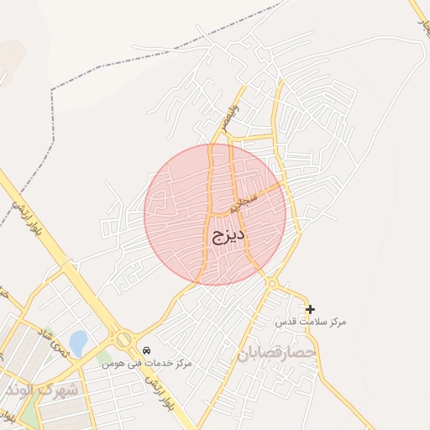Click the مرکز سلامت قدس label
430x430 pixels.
click(311, 322)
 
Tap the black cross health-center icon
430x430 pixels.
click(310, 309)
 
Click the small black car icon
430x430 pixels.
click(147, 350)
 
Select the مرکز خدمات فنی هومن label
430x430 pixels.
click(147, 363)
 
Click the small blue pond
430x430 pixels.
click(78, 343)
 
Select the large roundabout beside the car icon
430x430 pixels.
click(124, 339)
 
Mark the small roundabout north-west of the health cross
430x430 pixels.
click(272, 283)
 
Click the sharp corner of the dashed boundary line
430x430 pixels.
click(52, 89)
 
